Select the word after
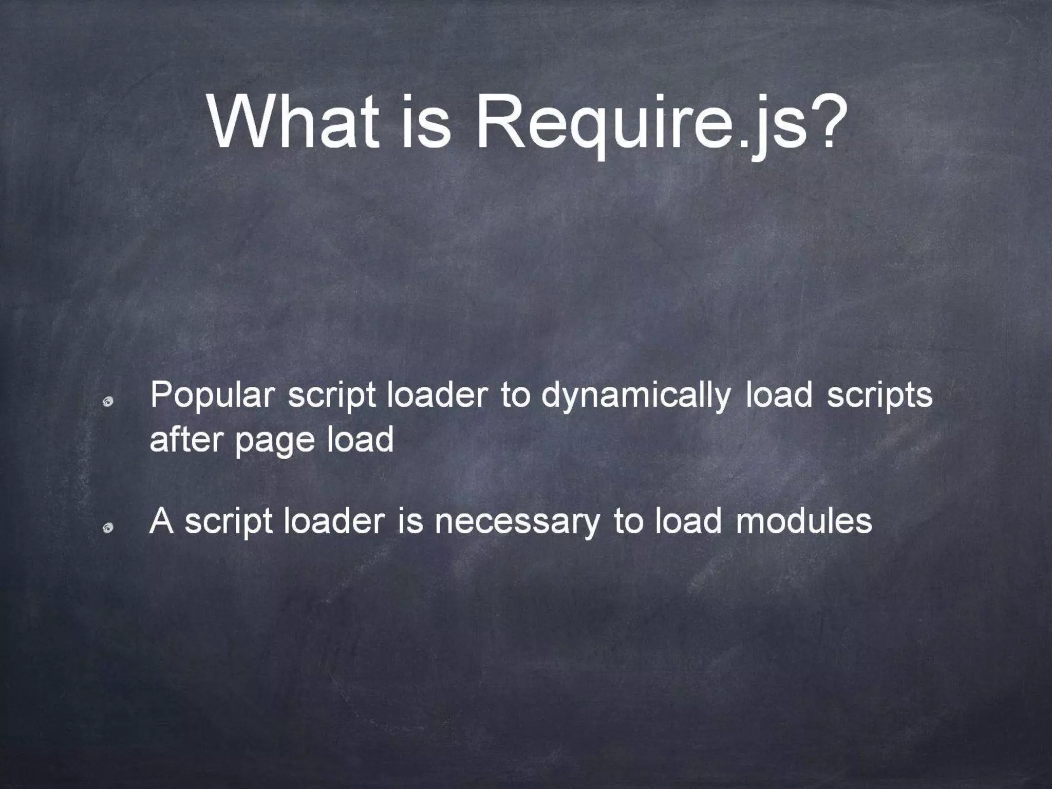pos(186,440)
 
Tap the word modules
pos(804,521)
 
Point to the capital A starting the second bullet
pos(161,521)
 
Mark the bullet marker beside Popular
pos(107,403)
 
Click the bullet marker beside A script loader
pos(107,528)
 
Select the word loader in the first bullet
pos(436,397)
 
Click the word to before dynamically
pos(515,397)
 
